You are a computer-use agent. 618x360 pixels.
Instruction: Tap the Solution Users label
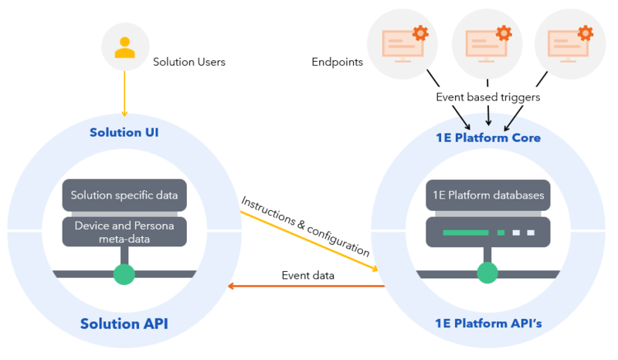tap(189, 62)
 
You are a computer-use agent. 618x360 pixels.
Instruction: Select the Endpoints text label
tap(337, 62)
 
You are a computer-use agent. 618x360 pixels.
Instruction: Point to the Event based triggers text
tap(487, 97)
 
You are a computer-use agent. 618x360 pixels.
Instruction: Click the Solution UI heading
tap(124, 132)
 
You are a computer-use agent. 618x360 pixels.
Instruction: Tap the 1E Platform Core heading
tap(487, 138)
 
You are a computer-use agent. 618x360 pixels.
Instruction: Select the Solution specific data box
tap(124, 195)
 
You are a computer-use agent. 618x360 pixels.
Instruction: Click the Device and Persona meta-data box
tap(124, 232)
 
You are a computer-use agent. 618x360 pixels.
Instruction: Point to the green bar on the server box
tap(465, 232)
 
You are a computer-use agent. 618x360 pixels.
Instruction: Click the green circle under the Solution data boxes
tap(124, 273)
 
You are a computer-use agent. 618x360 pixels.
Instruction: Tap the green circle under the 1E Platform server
tap(487, 273)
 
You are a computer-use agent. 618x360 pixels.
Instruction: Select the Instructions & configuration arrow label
tap(306, 226)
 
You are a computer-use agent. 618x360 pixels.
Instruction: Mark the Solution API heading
tap(124, 324)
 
